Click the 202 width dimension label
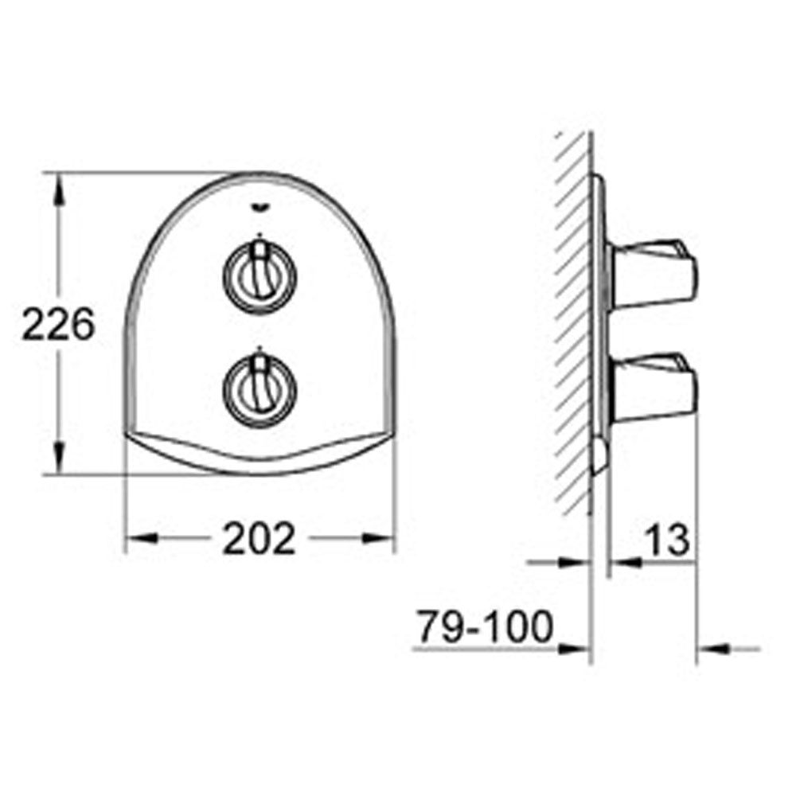pyautogui.click(x=259, y=539)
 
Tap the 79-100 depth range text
pyautogui.click(x=486, y=628)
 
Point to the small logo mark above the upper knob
pyautogui.click(x=259, y=209)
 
